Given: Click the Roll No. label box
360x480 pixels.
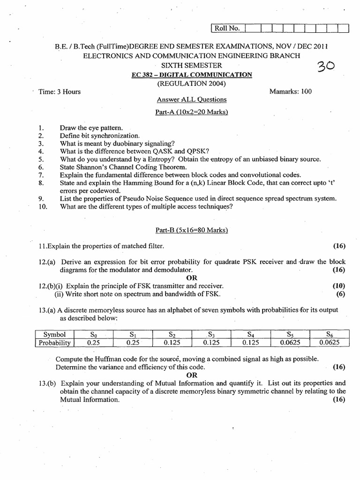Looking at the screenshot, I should [227, 29].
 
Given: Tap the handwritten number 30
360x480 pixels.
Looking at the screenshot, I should [323, 69].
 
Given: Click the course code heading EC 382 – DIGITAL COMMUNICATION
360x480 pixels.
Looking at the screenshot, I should [191, 75].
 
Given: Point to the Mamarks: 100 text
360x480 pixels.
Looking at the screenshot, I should [291, 91].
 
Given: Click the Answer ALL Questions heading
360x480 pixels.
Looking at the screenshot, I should [191, 100].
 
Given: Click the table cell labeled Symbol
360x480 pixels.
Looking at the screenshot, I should [54, 335].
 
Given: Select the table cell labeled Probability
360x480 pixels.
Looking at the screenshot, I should [54, 343].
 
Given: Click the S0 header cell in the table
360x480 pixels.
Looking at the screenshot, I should [94, 335].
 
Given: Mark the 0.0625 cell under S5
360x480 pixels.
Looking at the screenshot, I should [291, 343].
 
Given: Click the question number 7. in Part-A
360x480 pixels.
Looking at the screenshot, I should [41, 175].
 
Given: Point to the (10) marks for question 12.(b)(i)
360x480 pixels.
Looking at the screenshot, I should [338, 285].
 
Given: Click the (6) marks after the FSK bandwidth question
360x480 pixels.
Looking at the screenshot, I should [340, 294].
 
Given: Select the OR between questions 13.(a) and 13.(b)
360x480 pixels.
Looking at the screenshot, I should [192, 375].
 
